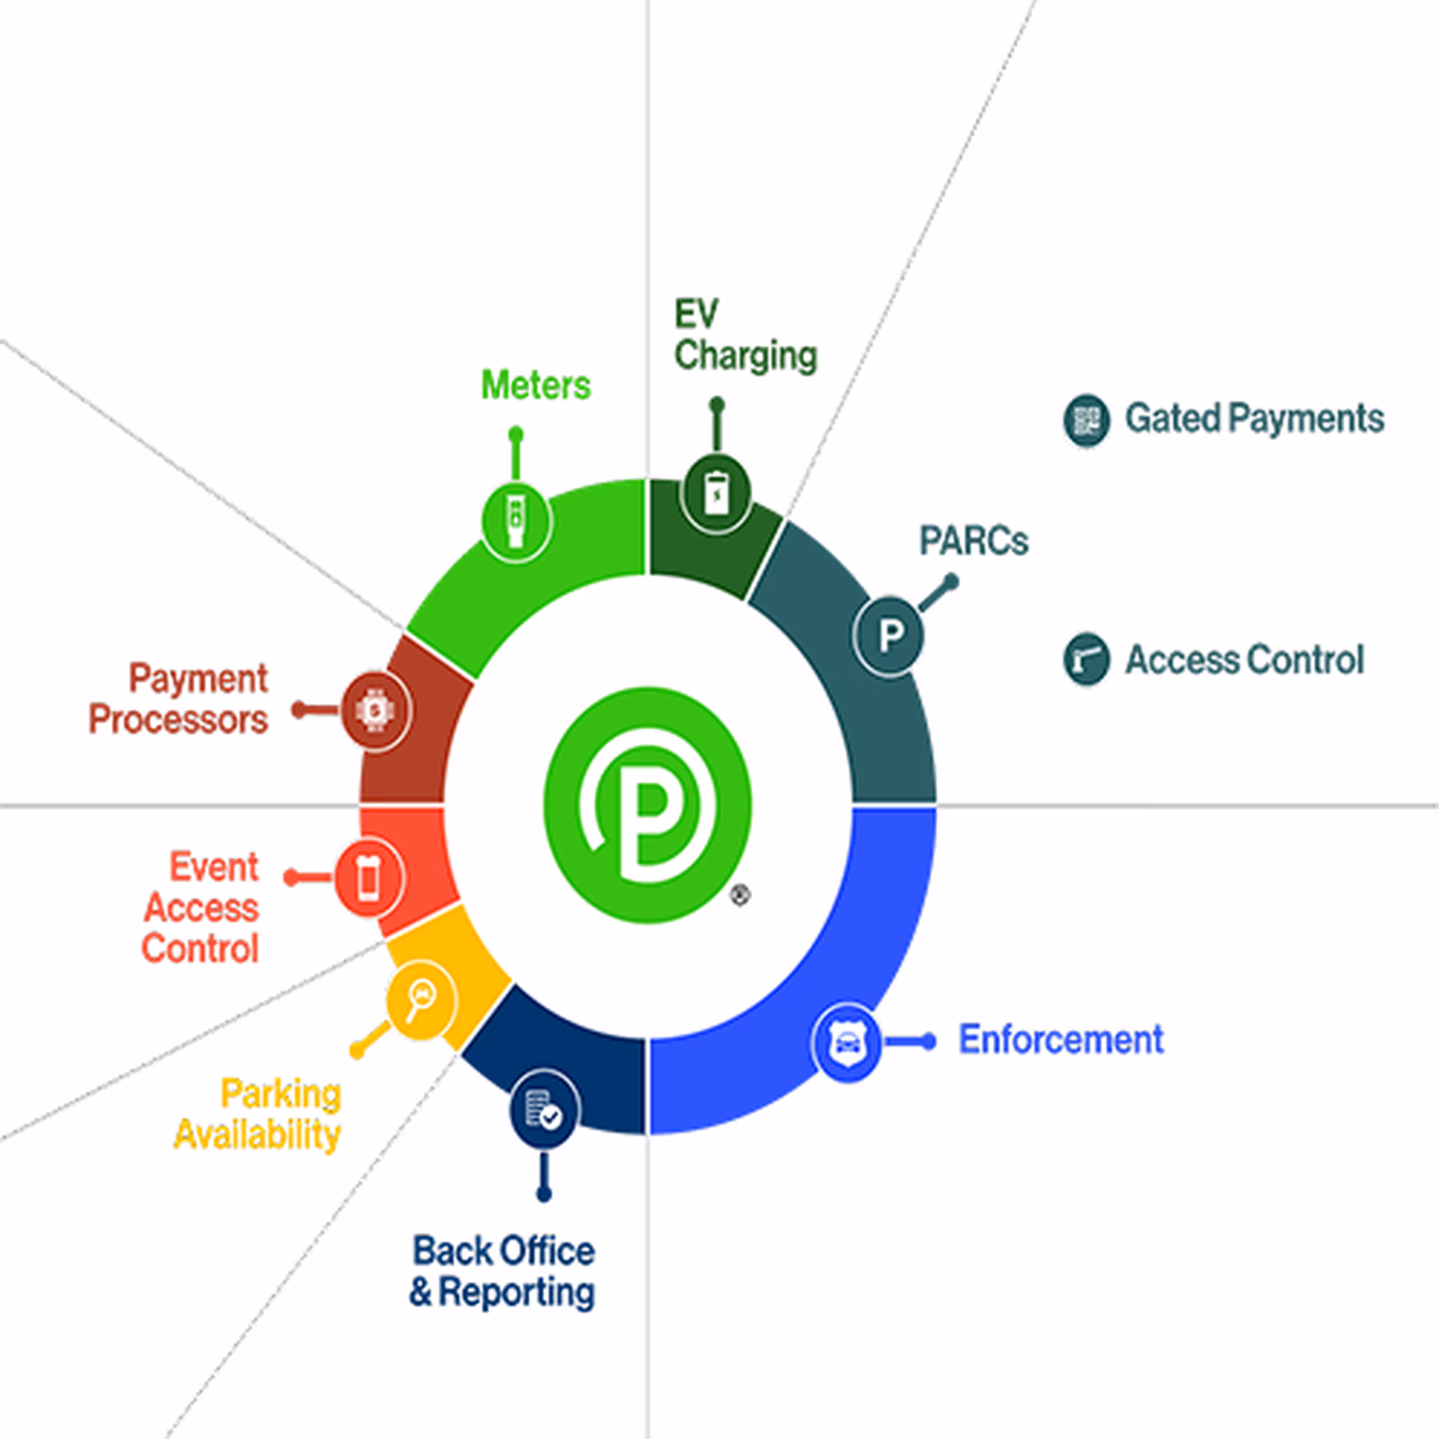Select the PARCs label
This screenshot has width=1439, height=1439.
974,541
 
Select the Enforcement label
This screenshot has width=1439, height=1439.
1061,1040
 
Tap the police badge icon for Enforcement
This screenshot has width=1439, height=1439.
847,1042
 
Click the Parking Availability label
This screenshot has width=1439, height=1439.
258,1115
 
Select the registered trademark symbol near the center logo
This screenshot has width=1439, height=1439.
740,895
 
